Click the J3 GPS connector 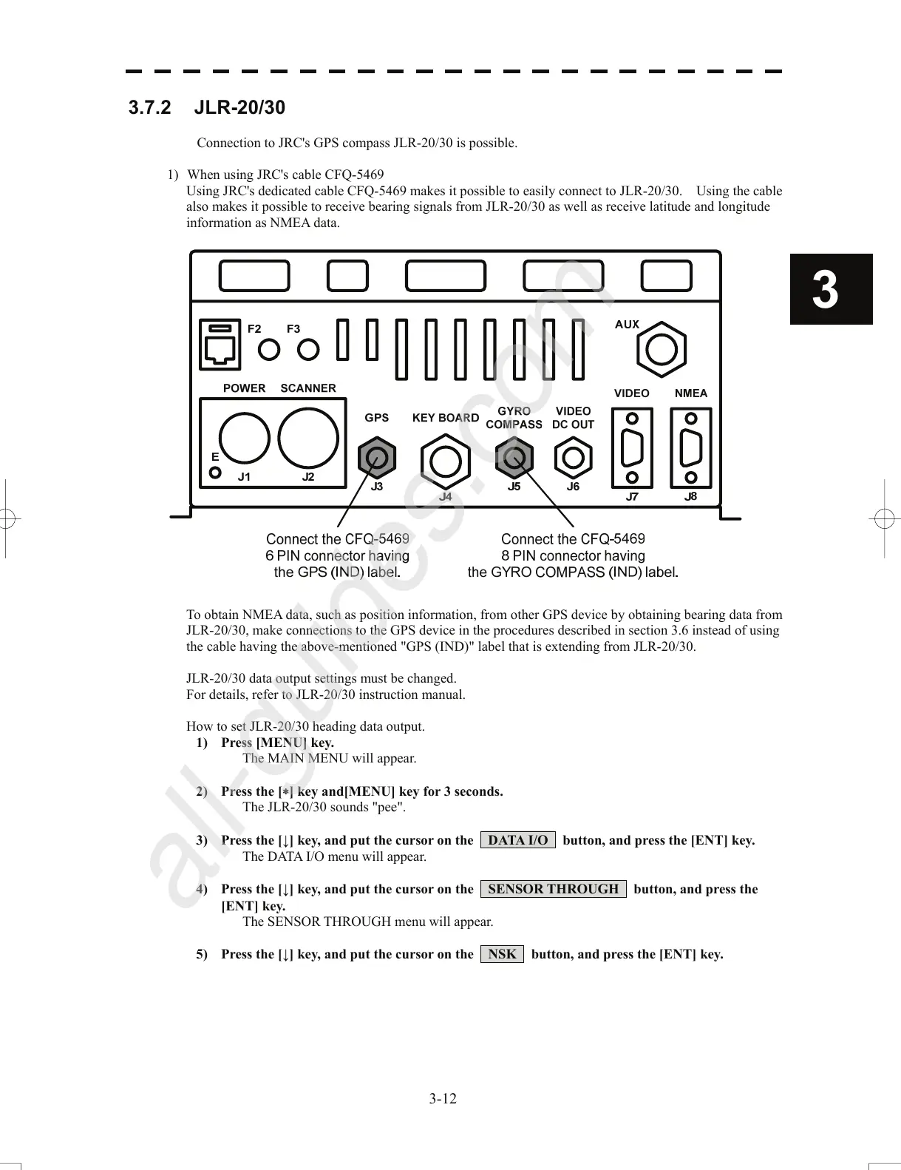(377, 459)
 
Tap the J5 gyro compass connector (514, 458)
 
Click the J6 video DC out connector (573, 459)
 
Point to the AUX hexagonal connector (662, 350)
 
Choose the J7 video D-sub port (632, 447)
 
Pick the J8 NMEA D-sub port (691, 447)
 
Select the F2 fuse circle (269, 349)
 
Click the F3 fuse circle (308, 349)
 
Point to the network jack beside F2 (220, 345)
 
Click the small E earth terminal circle (215, 473)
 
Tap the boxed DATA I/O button (517, 840)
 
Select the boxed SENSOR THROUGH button (553, 889)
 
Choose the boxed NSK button (502, 954)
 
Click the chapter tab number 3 (826, 290)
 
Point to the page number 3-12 (443, 1098)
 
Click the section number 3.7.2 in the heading (149, 108)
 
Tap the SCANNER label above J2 (307, 388)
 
